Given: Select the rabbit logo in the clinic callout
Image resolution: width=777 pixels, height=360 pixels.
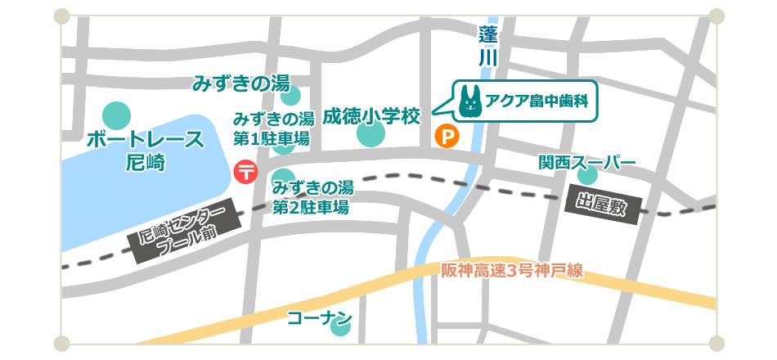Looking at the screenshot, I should [x=469, y=101].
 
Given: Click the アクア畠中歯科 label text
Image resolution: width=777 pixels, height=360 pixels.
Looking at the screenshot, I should [x=537, y=102].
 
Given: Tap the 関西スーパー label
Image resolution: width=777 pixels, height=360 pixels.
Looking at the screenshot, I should [x=586, y=162].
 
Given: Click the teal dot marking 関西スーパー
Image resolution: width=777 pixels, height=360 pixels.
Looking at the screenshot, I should [x=587, y=175].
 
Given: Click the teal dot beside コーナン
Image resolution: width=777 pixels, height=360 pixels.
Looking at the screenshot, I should [x=340, y=326].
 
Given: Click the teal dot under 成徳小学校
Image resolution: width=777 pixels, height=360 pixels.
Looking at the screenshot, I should [x=371, y=135].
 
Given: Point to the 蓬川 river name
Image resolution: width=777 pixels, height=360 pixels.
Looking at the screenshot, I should [x=488, y=46].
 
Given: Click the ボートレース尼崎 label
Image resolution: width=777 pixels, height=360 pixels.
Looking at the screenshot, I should [x=145, y=151].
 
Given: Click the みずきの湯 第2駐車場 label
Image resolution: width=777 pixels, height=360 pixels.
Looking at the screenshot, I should [x=312, y=197].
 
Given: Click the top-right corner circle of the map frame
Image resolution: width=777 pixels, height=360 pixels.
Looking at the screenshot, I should [x=716, y=16].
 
